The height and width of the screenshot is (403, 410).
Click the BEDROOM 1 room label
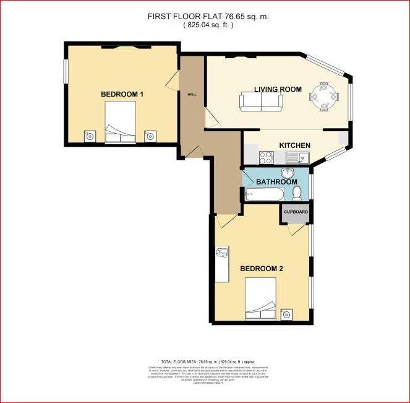[122, 94]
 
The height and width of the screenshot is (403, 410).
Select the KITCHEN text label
[294, 145]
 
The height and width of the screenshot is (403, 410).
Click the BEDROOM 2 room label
[262, 269]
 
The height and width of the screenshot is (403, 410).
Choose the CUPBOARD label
[296, 211]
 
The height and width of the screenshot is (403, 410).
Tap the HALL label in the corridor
[192, 94]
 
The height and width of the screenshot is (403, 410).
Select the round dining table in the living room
[324, 97]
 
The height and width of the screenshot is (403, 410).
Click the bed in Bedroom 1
[121, 123]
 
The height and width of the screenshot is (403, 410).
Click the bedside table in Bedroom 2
[286, 313]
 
